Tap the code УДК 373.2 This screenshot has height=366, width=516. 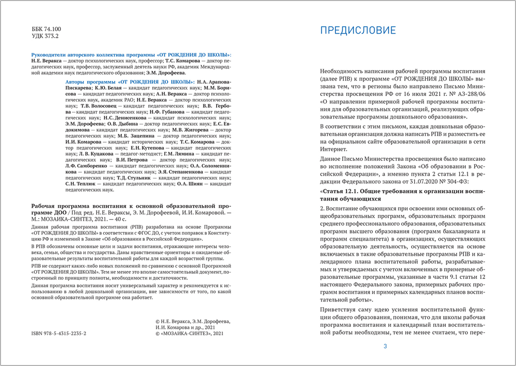45,38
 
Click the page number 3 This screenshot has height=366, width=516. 385,346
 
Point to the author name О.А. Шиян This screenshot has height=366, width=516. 190,184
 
